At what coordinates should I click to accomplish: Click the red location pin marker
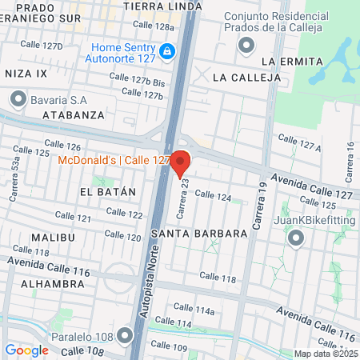click(180, 163)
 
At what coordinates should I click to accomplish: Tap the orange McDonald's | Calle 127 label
click(114, 161)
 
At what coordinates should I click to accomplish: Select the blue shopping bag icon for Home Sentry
click(167, 52)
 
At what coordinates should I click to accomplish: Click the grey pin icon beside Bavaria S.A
click(18, 99)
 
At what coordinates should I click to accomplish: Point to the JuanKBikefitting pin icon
click(297, 238)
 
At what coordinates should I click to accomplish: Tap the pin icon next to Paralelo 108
click(124, 334)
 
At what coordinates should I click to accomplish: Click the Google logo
click(26, 350)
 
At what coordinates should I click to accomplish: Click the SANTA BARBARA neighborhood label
click(198, 234)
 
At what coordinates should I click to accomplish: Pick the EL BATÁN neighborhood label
click(108, 192)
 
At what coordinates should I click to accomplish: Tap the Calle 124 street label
click(213, 196)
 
